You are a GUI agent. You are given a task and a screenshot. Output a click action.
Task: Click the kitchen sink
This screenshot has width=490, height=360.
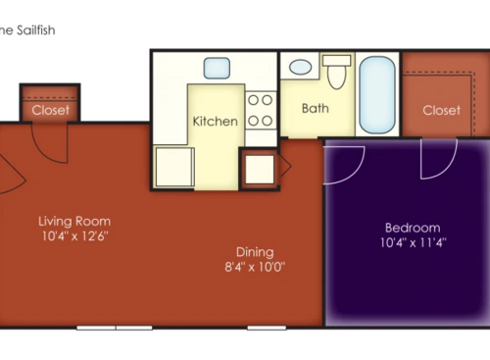pyautogui.click(x=217, y=69)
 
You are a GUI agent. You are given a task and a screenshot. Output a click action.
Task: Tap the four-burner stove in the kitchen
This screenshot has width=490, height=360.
pyautogui.click(x=260, y=110)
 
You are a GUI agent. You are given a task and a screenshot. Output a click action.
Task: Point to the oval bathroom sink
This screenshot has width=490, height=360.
pyautogui.click(x=301, y=68)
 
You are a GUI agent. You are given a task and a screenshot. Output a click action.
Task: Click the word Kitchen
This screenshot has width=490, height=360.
pyautogui.click(x=215, y=122)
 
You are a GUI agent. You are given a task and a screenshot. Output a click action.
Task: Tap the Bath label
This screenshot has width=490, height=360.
pyautogui.click(x=316, y=108)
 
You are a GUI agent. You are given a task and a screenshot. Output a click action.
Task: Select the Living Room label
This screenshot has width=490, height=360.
pyautogui.click(x=74, y=221)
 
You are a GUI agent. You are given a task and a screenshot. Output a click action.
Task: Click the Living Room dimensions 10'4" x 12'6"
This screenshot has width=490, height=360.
pyautogui.click(x=74, y=236)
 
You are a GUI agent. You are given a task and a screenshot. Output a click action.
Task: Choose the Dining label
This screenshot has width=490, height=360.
pyautogui.click(x=254, y=251)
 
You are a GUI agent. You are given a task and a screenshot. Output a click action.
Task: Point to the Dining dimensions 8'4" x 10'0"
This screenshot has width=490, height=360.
pyautogui.click(x=254, y=267)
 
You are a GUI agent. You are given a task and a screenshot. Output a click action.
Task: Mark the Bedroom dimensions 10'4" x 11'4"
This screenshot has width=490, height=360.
pyautogui.click(x=412, y=242)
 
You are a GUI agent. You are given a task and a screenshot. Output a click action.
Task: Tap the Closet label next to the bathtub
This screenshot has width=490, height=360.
pyautogui.click(x=441, y=110)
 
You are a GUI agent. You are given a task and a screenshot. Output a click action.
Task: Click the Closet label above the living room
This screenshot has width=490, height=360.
pyautogui.click(x=50, y=110)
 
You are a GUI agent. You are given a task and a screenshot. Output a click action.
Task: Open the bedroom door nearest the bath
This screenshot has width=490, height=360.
pyautogui.click(x=345, y=164)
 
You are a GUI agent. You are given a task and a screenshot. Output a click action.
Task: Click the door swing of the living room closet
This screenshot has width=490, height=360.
pyautogui.click(x=49, y=142)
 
